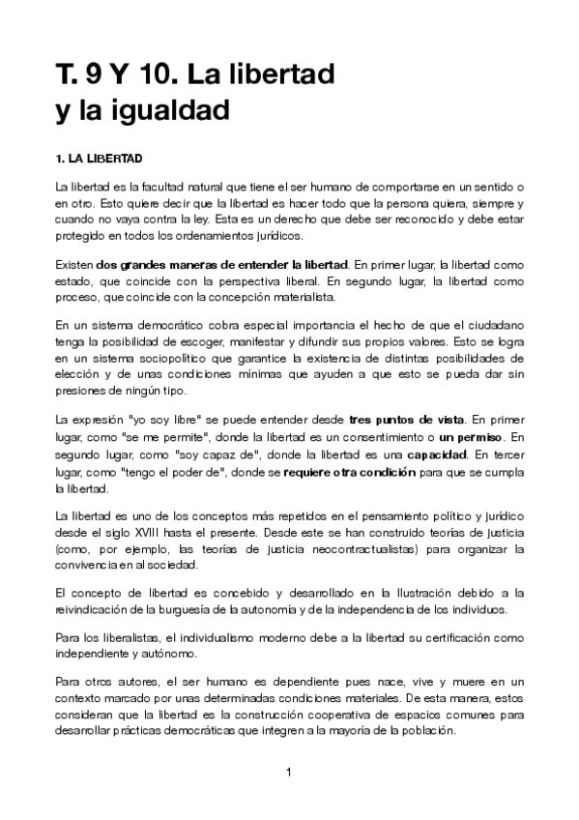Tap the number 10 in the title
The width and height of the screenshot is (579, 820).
[144, 73]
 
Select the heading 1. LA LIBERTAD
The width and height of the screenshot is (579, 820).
[100, 157]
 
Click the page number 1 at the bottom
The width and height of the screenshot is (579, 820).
[289, 771]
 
